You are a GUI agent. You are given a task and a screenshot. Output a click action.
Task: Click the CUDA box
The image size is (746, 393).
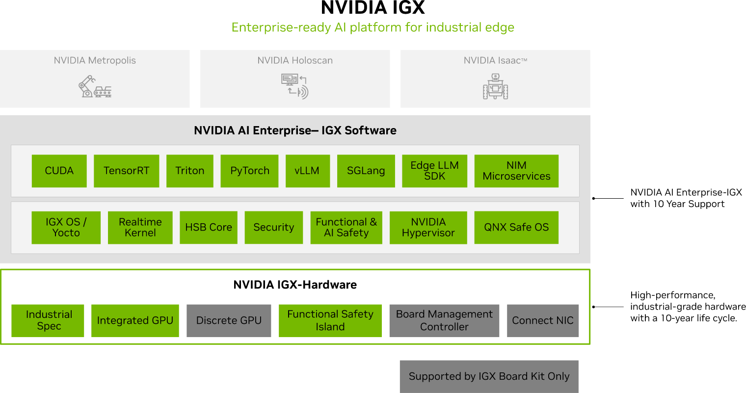click(x=59, y=171)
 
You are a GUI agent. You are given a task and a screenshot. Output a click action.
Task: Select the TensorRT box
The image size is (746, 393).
click(x=126, y=171)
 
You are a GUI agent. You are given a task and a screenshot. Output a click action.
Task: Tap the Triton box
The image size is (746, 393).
click(x=189, y=171)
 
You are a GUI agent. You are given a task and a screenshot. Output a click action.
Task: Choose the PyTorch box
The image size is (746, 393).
click(x=249, y=171)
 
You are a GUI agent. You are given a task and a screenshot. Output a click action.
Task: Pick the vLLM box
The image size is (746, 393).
click(x=307, y=171)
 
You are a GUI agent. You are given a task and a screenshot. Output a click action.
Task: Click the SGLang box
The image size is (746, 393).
click(x=366, y=171)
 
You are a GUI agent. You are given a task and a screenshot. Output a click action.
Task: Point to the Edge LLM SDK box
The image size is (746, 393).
click(x=434, y=171)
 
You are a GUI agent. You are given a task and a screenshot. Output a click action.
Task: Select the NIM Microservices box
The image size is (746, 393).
click(x=516, y=171)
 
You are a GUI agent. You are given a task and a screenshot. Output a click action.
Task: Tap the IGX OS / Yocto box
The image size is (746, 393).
click(x=66, y=227)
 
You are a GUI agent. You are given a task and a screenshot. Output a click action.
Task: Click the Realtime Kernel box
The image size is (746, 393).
click(x=140, y=227)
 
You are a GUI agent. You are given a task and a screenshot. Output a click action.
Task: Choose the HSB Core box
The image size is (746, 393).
click(x=209, y=227)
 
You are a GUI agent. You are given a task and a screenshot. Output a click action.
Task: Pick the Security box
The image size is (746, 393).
click(x=273, y=227)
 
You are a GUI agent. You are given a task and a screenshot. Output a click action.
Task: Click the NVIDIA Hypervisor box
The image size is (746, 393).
click(x=428, y=227)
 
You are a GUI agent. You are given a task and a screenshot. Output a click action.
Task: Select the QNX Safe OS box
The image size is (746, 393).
click(x=516, y=227)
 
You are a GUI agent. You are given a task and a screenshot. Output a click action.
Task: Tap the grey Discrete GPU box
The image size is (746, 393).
click(x=229, y=320)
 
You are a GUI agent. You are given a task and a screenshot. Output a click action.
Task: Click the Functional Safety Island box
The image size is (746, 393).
click(x=330, y=320)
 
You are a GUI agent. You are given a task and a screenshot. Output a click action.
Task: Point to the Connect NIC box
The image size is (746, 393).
click(x=543, y=320)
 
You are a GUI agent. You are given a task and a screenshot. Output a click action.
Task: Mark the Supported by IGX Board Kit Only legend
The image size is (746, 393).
click(x=489, y=376)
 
